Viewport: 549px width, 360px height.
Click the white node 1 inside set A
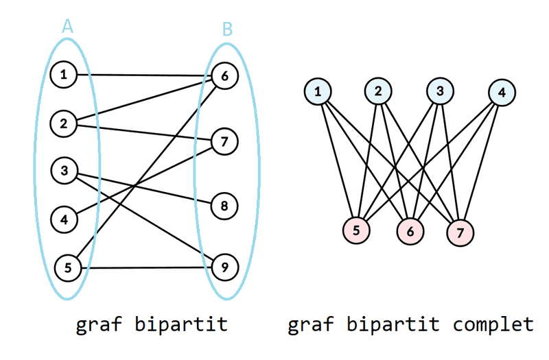pyautogui.click(x=64, y=75)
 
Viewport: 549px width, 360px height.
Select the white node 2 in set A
pyautogui.click(x=64, y=123)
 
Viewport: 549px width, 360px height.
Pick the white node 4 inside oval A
pyautogui.click(x=64, y=220)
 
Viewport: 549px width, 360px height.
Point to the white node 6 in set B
pyautogui.click(x=224, y=76)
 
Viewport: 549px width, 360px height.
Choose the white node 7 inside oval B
pyautogui.click(x=224, y=141)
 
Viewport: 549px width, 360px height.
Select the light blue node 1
pyautogui.click(x=318, y=91)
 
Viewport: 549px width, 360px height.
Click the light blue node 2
pyautogui.click(x=378, y=91)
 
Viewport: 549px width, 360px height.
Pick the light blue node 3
pyautogui.click(x=439, y=91)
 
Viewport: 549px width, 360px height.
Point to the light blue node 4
pyautogui.click(x=502, y=91)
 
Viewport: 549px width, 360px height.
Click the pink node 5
pyautogui.click(x=356, y=231)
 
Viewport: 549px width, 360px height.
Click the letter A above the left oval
pyautogui.click(x=67, y=26)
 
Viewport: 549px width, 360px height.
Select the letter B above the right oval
pyautogui.click(x=228, y=29)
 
